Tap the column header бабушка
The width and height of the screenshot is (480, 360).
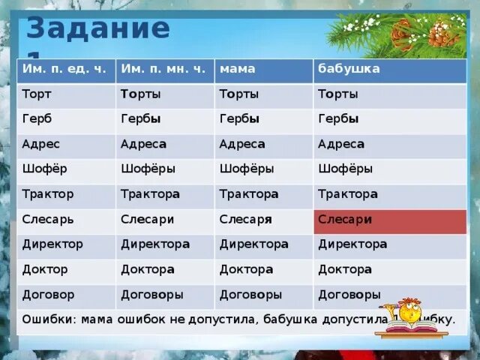[x=349, y=69]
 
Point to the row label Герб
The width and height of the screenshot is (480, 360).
[x=37, y=119]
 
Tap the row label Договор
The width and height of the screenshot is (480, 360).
[x=48, y=295]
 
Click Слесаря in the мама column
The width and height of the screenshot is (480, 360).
[x=245, y=220]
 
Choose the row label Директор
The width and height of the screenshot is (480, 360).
[x=52, y=244]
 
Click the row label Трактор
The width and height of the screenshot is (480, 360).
[x=48, y=194]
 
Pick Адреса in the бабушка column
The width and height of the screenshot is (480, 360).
[x=341, y=144]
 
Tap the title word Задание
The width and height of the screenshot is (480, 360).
[x=97, y=28]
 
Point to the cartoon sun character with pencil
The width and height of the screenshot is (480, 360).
[x=409, y=312]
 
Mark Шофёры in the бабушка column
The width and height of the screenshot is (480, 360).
[x=345, y=169]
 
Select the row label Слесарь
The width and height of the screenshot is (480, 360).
[x=48, y=220]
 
